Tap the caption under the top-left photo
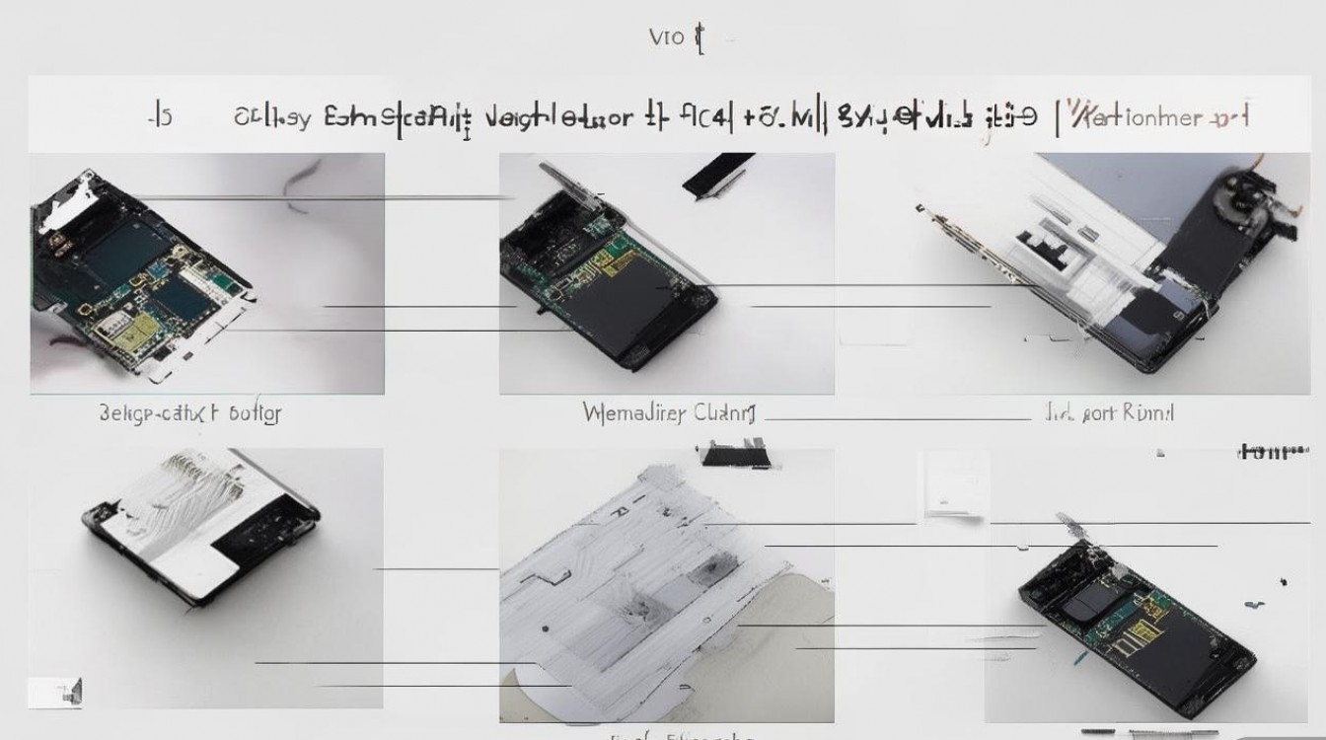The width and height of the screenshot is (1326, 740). (190, 412)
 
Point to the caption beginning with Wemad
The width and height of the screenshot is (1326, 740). (668, 412)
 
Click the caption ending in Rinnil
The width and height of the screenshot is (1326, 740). (1109, 412)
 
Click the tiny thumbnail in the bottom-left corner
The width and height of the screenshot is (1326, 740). (54, 692)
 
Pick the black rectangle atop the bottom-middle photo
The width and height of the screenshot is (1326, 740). (734, 455)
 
